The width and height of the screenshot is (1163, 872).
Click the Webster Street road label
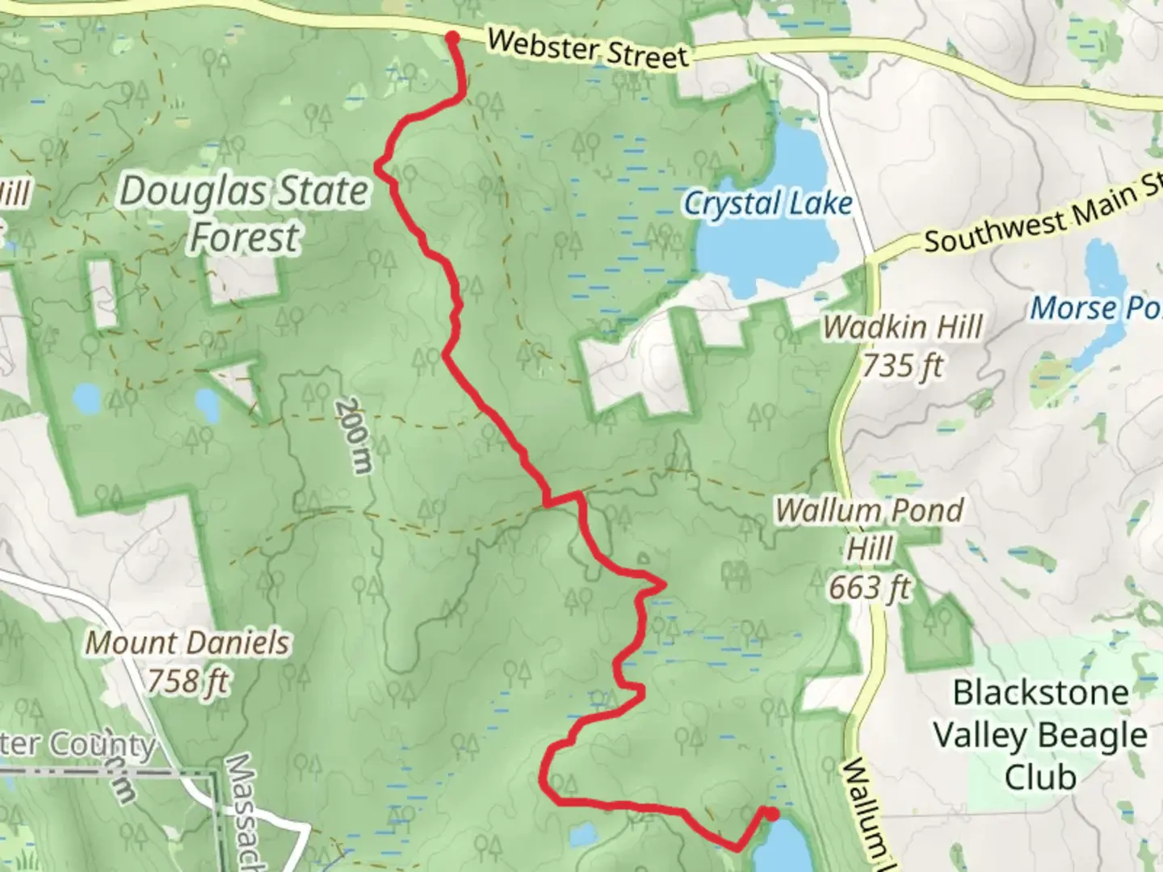tap(588, 49)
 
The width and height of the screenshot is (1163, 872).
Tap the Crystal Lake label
tap(767, 203)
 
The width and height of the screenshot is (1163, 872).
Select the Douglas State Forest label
tap(243, 214)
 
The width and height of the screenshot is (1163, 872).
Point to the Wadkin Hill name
tap(903, 327)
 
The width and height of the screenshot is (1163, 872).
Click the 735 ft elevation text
tap(902, 367)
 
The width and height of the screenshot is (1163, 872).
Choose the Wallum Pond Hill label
tap(870, 529)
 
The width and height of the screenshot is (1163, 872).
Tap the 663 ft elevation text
tap(869, 587)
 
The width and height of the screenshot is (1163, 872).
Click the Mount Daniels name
tap(187, 643)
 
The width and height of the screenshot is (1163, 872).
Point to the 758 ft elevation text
tap(187, 681)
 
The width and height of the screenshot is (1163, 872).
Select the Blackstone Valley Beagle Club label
tap(1040, 735)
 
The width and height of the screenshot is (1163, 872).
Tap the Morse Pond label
tap(1094, 308)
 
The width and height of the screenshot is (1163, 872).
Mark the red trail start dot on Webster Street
tap(453, 37)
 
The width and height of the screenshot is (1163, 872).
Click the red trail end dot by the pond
tap(771, 814)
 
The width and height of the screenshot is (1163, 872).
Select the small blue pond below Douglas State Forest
tap(206, 404)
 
